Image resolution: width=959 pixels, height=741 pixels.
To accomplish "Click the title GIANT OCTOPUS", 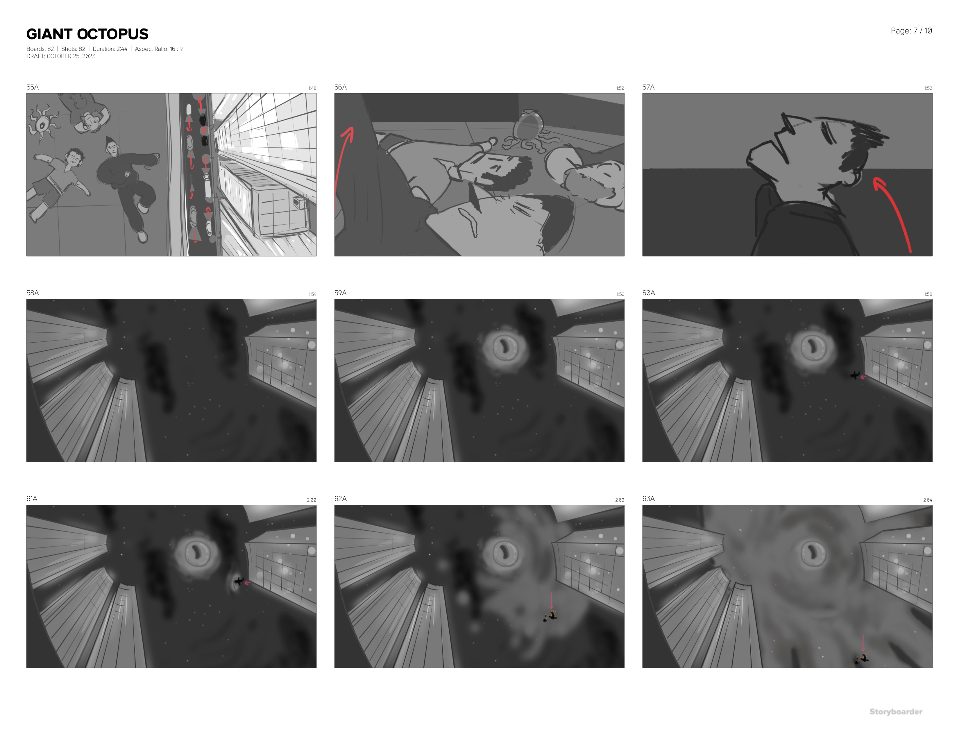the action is click(x=87, y=34).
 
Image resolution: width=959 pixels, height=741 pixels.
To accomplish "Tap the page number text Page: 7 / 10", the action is click(x=911, y=31).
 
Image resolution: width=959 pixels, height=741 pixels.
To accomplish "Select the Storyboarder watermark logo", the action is click(x=896, y=712).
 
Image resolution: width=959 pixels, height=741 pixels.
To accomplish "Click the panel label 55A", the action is click(x=33, y=87).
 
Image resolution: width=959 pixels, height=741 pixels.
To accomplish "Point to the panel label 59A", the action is click(x=340, y=293).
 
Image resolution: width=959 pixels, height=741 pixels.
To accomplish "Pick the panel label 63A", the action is click(x=649, y=499).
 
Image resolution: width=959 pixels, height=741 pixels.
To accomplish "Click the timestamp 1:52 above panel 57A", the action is click(x=928, y=88).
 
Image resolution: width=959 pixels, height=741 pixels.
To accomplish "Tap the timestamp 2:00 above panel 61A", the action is click(x=311, y=500).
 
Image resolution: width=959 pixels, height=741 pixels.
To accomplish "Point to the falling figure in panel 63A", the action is click(x=862, y=658).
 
